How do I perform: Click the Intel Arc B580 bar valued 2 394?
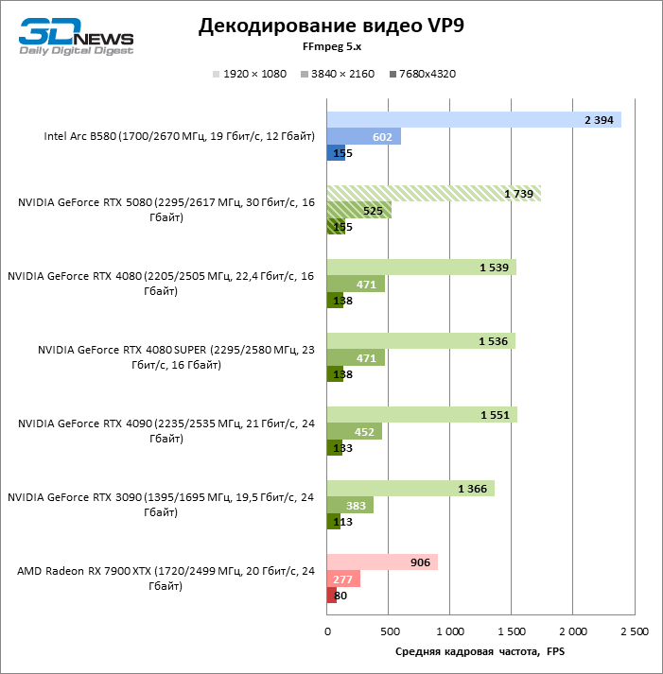(x=473, y=119)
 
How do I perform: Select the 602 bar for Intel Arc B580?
(x=363, y=136)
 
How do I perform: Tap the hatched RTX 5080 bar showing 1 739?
(x=433, y=193)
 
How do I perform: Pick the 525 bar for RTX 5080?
(x=358, y=210)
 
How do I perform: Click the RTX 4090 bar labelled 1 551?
(x=421, y=415)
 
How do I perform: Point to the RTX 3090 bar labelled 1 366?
(x=410, y=488)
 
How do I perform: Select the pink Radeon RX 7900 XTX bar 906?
(x=381, y=562)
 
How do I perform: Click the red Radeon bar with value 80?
(x=332, y=595)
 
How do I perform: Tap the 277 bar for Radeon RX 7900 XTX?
(x=342, y=579)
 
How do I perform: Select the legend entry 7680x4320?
(x=422, y=74)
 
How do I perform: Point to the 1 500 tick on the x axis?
(x=511, y=631)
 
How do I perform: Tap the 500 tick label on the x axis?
(x=388, y=631)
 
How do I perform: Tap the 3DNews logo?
(x=77, y=35)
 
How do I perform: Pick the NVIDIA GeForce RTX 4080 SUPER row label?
(x=170, y=355)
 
